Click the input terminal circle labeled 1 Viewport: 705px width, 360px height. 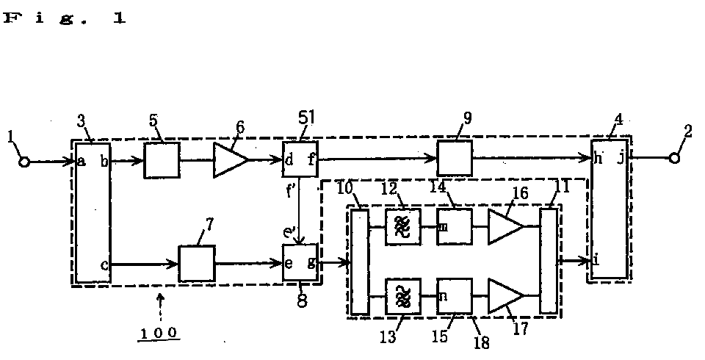(24, 162)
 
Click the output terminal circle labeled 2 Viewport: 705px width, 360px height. (674, 158)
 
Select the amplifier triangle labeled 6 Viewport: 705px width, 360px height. (230, 159)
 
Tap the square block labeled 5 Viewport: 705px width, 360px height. (162, 160)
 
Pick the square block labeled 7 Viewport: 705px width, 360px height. (197, 264)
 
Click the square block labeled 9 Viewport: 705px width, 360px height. (455, 158)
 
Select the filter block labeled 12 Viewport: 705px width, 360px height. (403, 226)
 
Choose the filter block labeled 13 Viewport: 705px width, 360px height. (403, 296)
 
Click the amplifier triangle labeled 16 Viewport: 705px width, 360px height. (506, 227)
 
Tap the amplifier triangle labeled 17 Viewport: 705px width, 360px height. (506, 295)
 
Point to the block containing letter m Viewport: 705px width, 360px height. (455, 226)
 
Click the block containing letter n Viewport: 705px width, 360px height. (455, 296)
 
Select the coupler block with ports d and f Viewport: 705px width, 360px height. (300, 159)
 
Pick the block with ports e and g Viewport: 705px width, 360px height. (300, 262)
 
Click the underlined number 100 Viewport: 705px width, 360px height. (159, 334)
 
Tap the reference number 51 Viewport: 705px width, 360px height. (307, 118)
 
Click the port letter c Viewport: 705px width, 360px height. (104, 265)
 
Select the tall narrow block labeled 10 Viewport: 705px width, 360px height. (360, 262)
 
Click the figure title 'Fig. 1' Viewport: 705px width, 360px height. (65, 19)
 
